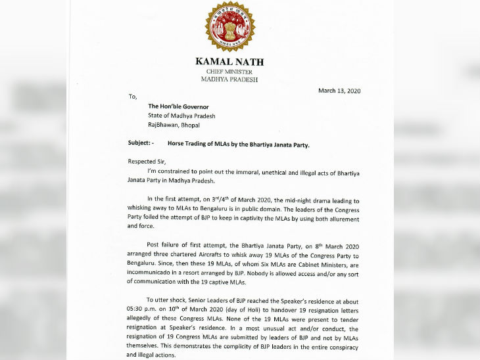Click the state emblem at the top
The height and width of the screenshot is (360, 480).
tap(229, 27)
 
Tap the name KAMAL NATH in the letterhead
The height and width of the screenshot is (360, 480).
tap(229, 62)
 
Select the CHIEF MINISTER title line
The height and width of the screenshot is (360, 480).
tap(229, 71)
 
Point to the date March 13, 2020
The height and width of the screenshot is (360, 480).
tap(339, 91)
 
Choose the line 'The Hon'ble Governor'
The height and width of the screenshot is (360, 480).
tap(178, 106)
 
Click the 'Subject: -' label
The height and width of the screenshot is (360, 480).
tap(140, 143)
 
